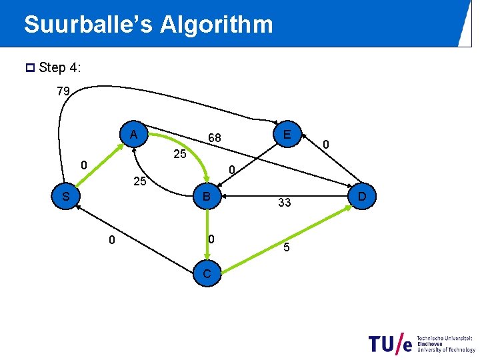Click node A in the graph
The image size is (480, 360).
[134, 135]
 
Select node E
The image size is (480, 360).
[286, 135]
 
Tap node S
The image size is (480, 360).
[65, 197]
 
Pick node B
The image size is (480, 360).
[207, 197]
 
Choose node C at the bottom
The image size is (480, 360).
[207, 273]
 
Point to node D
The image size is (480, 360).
[362, 197]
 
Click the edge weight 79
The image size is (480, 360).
[63, 91]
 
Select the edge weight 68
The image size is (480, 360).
[214, 138]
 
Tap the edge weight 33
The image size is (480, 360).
[285, 203]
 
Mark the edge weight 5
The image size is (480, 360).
[286, 248]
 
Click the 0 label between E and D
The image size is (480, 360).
[326, 143]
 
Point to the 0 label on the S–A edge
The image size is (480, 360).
[83, 165]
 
